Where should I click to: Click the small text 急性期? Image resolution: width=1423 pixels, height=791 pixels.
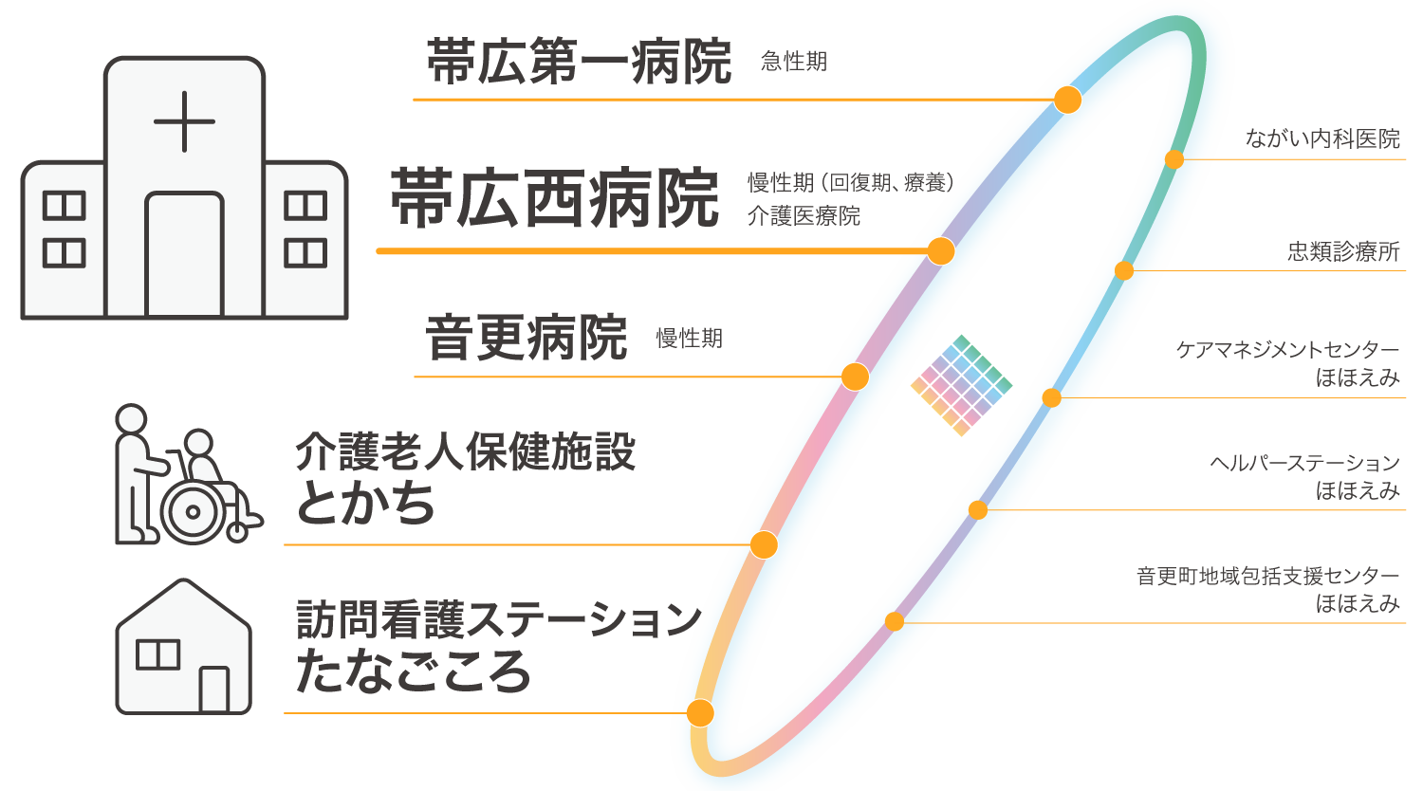(794, 62)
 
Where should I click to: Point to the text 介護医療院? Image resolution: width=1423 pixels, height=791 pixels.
(804, 216)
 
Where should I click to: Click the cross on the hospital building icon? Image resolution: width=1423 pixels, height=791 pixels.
(184, 121)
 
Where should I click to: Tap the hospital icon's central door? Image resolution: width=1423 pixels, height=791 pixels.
(184, 254)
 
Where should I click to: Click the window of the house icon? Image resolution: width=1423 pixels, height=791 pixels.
(157, 654)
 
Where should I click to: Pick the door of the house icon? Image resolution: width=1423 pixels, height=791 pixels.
(214, 689)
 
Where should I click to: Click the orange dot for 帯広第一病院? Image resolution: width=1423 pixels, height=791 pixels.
(1068, 100)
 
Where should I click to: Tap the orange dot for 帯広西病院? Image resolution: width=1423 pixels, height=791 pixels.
(940, 251)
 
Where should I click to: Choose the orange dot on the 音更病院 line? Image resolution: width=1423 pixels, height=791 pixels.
(855, 377)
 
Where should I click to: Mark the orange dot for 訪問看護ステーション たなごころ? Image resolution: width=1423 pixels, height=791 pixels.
(700, 712)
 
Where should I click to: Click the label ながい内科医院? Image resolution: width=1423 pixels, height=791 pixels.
(1322, 139)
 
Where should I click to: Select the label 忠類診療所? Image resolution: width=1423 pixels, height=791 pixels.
(1343, 251)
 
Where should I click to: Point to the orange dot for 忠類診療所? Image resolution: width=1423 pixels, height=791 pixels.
(1124, 271)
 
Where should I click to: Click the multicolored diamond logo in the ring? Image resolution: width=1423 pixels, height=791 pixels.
(961, 385)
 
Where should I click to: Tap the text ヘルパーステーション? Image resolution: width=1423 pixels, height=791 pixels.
(1304, 463)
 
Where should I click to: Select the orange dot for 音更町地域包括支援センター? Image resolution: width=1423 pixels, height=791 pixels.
(895, 622)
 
